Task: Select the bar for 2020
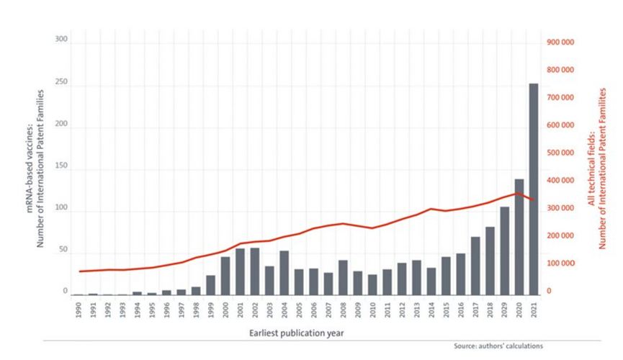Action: tap(519, 237)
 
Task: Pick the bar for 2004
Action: tap(284, 273)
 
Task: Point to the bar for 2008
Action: tap(343, 277)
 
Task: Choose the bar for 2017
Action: tap(475, 266)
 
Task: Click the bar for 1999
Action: tap(210, 284)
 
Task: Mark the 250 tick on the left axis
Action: tap(61, 83)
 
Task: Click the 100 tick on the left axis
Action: tap(61, 209)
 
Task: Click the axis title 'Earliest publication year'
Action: tap(296, 333)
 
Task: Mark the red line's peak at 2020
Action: tap(517, 193)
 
